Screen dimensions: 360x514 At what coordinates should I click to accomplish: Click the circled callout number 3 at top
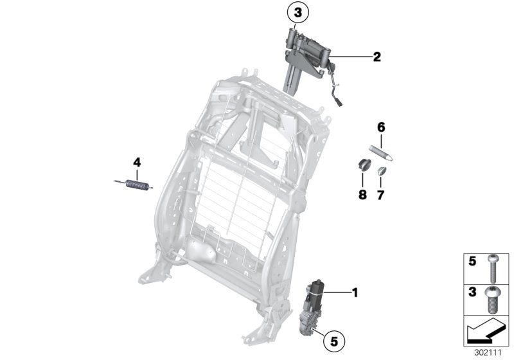[297, 12]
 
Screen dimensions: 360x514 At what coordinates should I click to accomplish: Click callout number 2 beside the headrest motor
[377, 57]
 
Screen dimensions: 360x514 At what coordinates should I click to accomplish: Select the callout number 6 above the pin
[380, 127]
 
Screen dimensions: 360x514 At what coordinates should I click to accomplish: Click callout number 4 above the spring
[136, 162]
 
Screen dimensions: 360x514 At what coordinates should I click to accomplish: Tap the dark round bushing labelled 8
[364, 165]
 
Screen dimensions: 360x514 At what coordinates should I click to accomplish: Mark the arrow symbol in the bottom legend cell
[485, 330]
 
